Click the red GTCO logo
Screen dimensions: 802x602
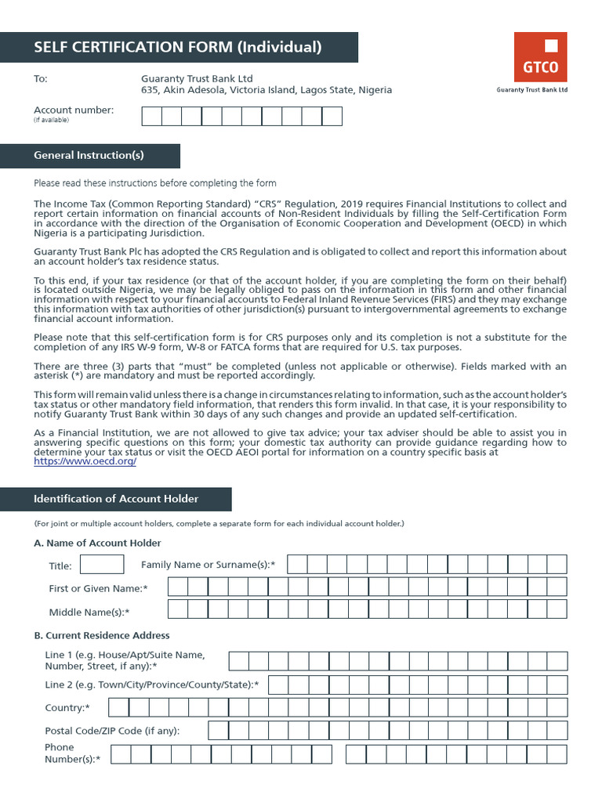coord(540,57)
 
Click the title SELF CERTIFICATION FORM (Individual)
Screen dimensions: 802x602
coord(178,47)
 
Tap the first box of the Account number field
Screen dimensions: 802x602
coord(151,116)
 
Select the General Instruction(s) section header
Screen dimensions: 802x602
coord(89,155)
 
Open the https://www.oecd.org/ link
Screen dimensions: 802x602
coord(85,462)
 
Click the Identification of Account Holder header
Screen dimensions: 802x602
coord(116,499)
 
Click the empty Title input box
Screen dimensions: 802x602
coord(102,564)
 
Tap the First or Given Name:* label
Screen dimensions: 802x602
coord(98,588)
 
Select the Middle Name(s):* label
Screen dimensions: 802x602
coord(89,612)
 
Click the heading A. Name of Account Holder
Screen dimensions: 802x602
coord(97,543)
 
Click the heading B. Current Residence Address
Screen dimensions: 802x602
coord(102,635)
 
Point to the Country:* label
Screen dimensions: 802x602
coord(67,708)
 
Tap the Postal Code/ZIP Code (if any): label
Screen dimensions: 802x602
coord(113,731)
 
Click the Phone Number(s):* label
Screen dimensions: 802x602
coord(72,753)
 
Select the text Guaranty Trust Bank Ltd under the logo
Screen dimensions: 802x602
coord(532,90)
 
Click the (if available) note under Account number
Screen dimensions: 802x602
coord(51,120)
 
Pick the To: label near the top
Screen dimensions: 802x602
coord(41,79)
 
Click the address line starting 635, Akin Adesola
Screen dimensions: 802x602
coord(267,90)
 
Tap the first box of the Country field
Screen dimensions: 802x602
coord(118,708)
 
